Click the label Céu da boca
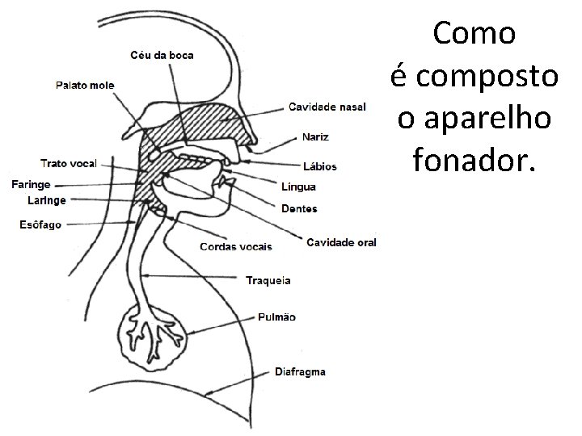click(x=162, y=55)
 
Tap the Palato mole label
click(x=85, y=86)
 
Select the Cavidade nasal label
click(x=327, y=107)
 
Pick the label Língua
click(x=298, y=187)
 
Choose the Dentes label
click(x=299, y=208)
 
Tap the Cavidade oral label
click(x=341, y=241)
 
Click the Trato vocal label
click(x=69, y=163)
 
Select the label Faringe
click(x=31, y=185)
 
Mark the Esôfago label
click(x=40, y=224)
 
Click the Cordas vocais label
click(x=235, y=245)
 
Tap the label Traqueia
click(x=268, y=280)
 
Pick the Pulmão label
click(x=277, y=317)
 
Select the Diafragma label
click(x=300, y=372)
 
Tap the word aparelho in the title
click(x=474, y=118)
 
